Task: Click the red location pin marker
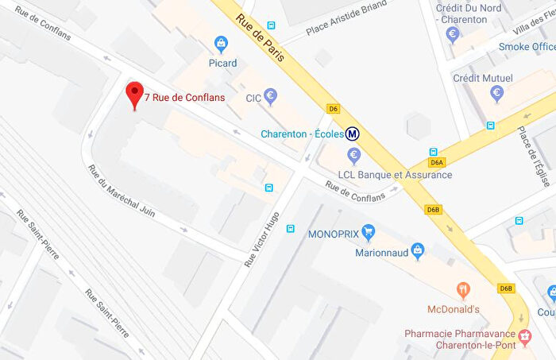point(135,95)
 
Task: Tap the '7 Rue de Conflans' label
point(184,98)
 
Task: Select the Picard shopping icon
point(222,44)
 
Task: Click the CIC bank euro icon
point(270,97)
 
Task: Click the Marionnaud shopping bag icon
point(418,252)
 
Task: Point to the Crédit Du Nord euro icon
point(453,34)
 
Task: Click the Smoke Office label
point(527,47)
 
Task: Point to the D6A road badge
point(436,162)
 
